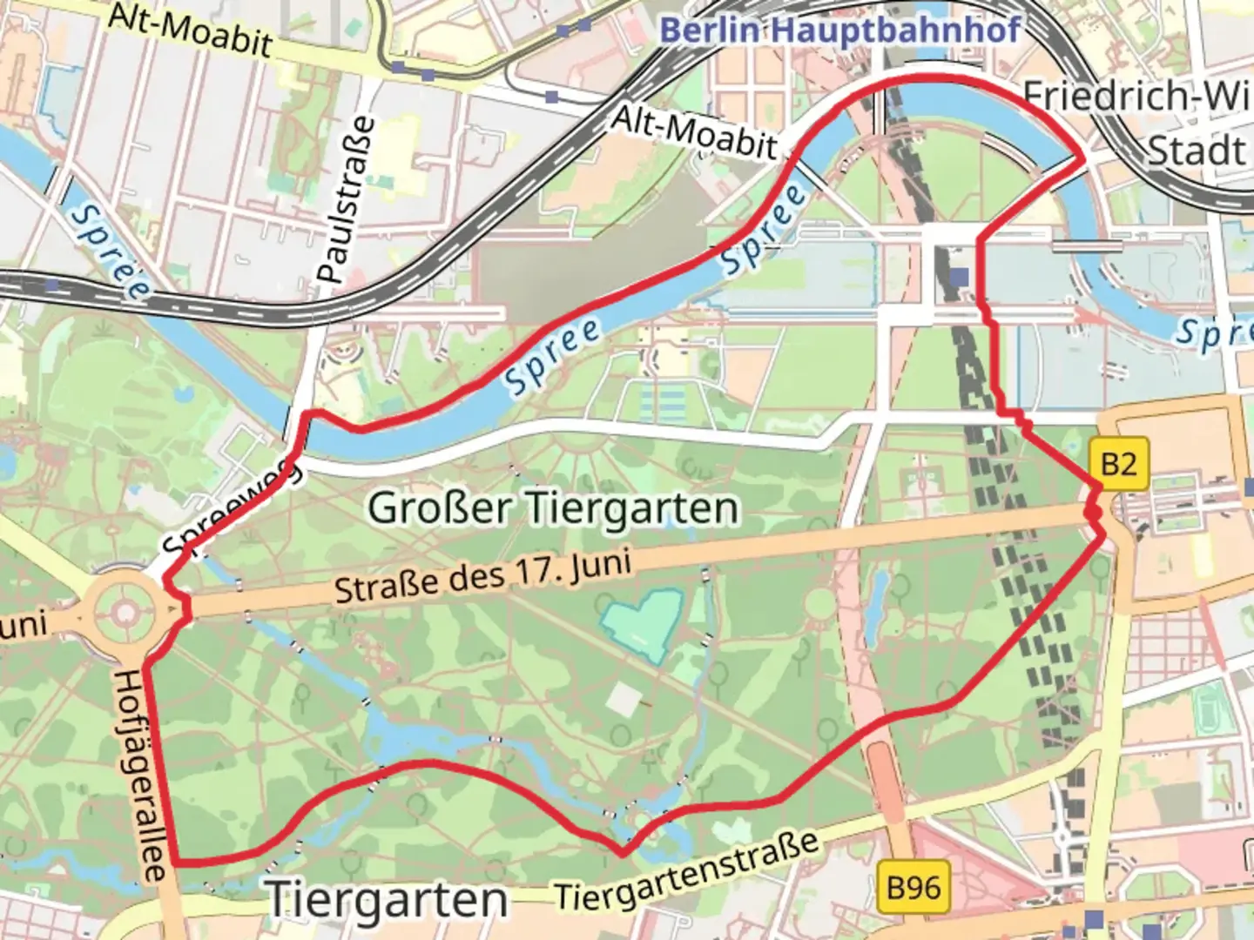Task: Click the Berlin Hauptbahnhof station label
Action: click(839, 30)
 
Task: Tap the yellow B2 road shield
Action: click(1119, 462)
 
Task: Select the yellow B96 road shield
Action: click(914, 888)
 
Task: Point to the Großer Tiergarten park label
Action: click(553, 507)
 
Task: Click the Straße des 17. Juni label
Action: click(483, 575)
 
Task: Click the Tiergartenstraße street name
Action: click(688, 871)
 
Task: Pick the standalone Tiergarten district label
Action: click(388, 899)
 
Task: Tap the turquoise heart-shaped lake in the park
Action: click(642, 619)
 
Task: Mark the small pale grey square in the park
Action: click(624, 699)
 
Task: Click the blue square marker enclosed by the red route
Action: click(959, 277)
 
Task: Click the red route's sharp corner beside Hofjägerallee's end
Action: click(177, 863)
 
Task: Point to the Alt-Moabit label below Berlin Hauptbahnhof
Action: click(694, 133)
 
